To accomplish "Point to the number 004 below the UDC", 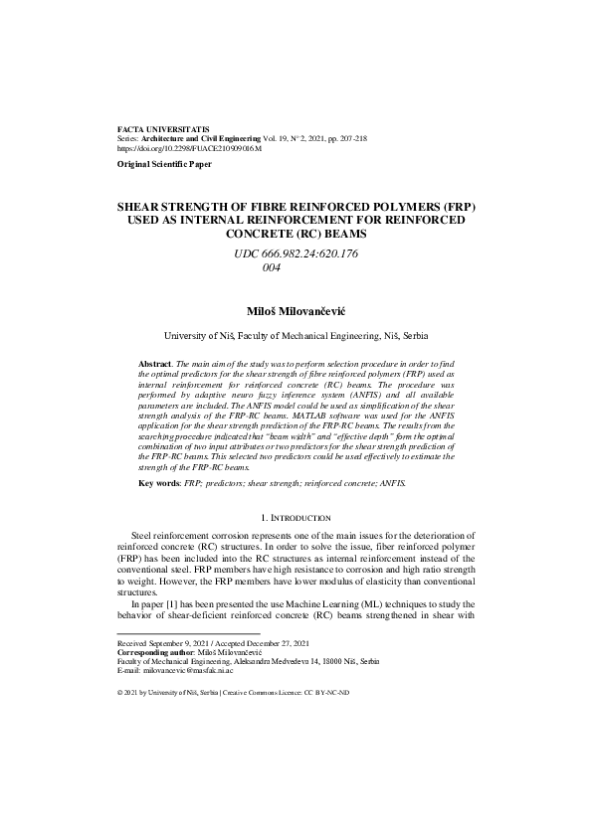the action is click(x=270, y=267).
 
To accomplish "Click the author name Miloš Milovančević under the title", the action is click(x=296, y=311).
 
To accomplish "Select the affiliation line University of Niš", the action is click(x=296, y=337).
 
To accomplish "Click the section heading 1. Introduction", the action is click(x=296, y=518).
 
